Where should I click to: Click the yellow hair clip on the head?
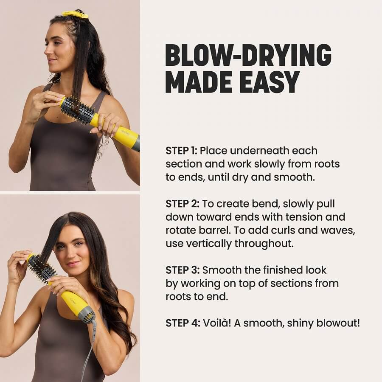click(75, 14)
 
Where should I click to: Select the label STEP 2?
click(182, 204)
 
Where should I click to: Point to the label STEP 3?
click(182, 270)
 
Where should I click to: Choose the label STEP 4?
click(183, 323)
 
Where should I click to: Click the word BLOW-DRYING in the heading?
click(248, 55)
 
